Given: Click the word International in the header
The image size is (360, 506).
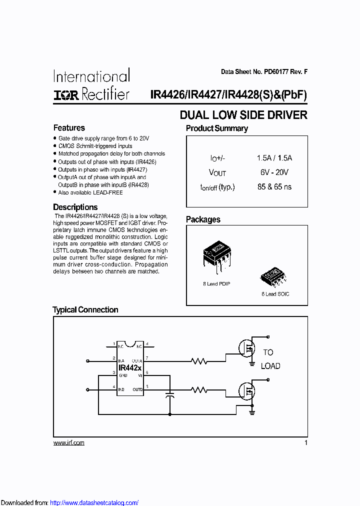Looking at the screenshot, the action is coord(91,76).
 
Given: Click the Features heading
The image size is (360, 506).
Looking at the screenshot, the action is coord(69,128).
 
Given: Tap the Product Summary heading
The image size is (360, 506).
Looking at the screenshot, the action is coord(217,128).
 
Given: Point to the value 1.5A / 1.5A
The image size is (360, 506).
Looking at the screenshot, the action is coord(274,158).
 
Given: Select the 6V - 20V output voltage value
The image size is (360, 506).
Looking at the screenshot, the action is coord(274,172).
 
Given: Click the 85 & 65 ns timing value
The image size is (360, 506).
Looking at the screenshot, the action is coord(274,187).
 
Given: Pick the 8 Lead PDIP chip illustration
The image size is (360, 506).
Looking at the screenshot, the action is coord(217,257).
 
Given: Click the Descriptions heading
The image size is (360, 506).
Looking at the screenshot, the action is coord(75,207).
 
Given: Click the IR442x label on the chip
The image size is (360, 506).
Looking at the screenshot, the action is coord(130,367).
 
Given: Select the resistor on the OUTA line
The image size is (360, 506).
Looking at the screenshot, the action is coord(199,360).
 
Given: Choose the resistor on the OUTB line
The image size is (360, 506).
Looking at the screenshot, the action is coord(199,389).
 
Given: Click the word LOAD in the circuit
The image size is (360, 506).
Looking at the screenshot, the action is coord(270,366).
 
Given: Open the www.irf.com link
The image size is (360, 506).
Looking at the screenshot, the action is coord(68,443).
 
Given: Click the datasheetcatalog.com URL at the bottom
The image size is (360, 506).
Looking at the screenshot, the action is coord(94,502).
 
